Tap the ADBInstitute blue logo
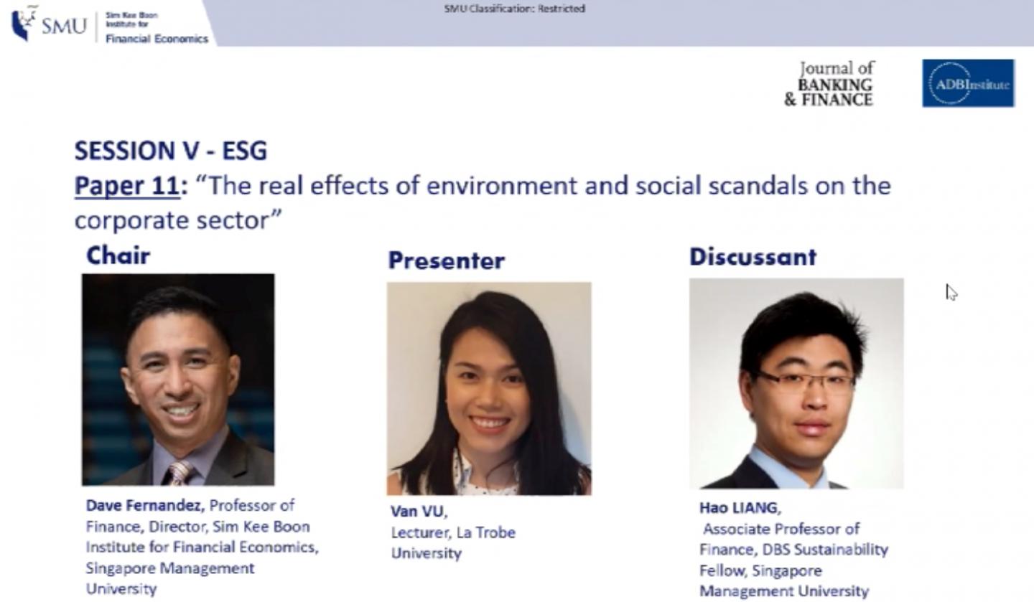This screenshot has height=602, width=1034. pos(969,83)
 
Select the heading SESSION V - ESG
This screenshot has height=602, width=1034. pos(171,151)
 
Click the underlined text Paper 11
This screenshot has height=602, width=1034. pos(127,186)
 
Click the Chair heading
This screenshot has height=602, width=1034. pos(118,255)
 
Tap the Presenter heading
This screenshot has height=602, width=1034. pos(447,260)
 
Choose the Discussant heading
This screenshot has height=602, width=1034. pos(753,257)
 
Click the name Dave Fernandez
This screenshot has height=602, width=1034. pos(145,506)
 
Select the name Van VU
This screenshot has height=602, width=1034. pos(419,511)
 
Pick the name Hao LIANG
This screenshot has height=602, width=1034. pos(740,508)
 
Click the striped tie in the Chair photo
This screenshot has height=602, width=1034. pos(180,472)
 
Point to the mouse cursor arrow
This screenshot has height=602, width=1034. pos(951,293)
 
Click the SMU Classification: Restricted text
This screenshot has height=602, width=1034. pos(514,9)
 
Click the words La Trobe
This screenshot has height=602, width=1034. pos(485,532)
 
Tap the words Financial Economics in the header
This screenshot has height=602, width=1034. pos(157,39)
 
